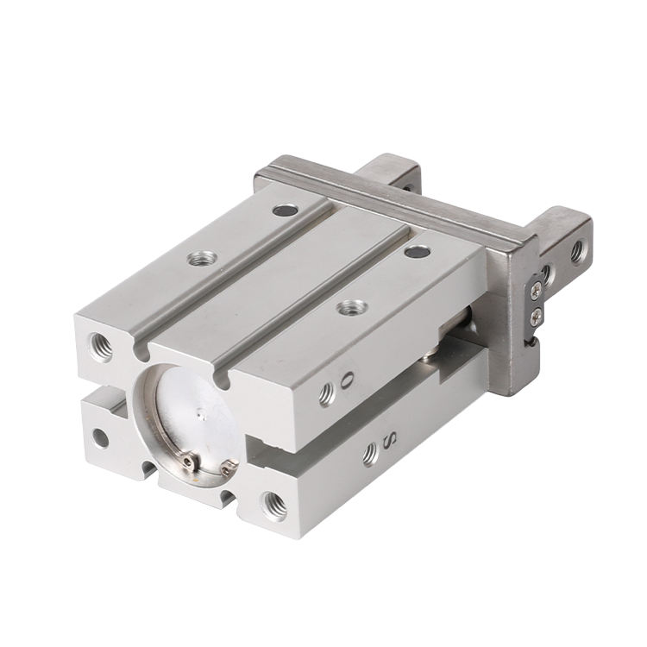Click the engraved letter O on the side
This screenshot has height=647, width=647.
tap(349, 378)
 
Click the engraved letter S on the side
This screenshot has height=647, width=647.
tap(391, 442)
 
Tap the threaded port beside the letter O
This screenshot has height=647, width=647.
tap(327, 394)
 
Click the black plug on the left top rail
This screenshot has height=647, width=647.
tap(286, 210)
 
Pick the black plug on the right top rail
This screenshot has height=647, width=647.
tap(418, 251)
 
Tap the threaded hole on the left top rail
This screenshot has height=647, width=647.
tap(202, 259)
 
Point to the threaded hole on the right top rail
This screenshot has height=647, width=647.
tap(352, 307)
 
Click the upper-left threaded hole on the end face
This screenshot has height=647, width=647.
tap(100, 347)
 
